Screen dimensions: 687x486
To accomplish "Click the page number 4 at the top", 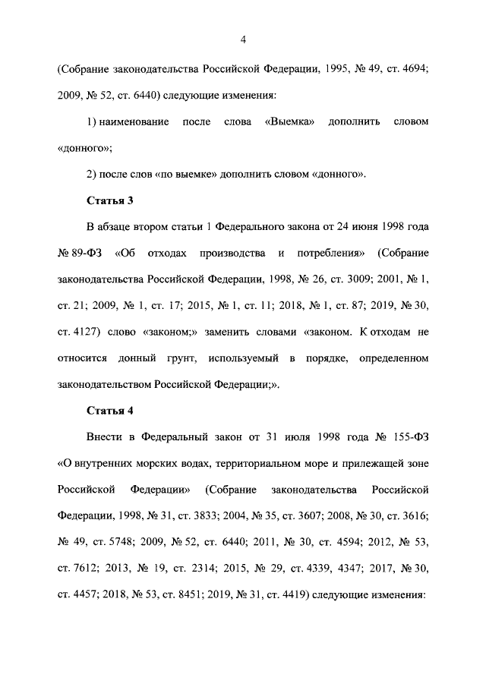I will (x=242, y=39).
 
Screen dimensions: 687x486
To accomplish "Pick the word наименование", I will (x=134, y=121).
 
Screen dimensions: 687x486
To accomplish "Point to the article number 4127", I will (x=91, y=332).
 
